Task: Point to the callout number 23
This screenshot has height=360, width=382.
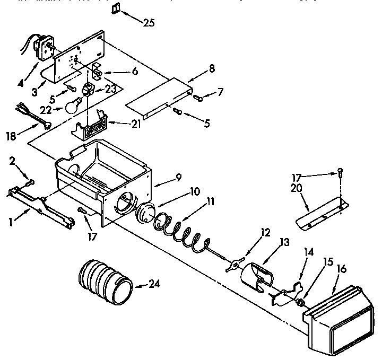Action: point(110,90)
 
